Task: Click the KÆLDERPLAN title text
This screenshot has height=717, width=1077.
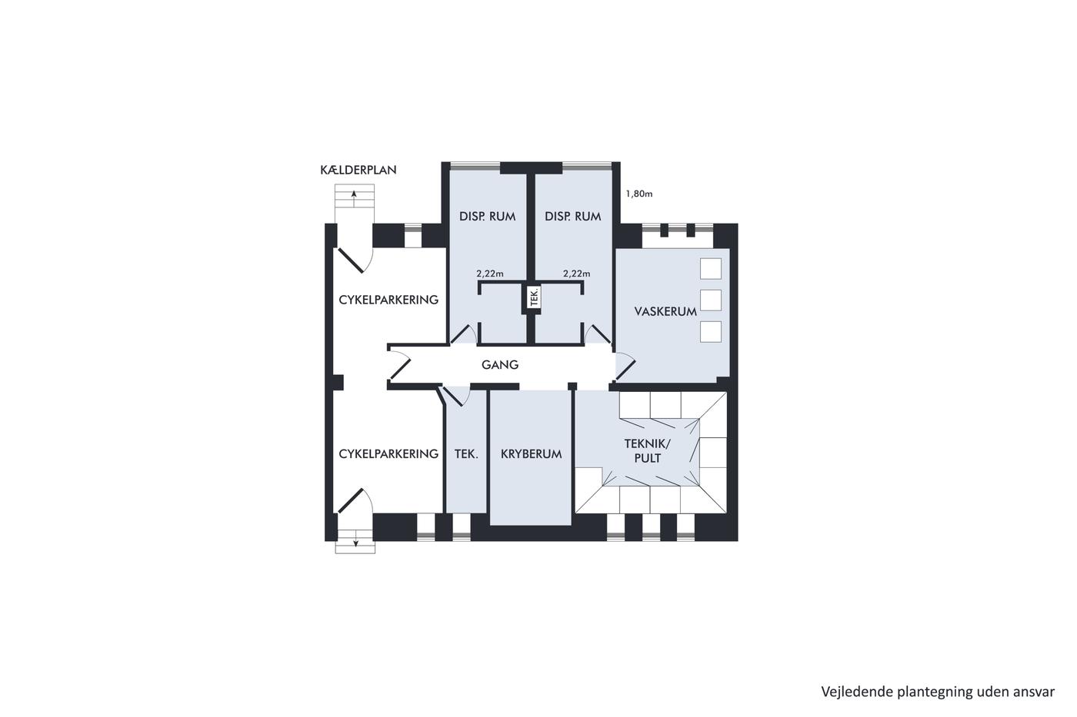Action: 358,170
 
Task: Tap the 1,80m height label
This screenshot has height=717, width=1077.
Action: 639,194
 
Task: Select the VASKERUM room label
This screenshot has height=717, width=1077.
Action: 665,312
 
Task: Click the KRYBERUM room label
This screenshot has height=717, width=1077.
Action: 532,454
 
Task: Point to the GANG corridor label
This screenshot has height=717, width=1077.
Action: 500,365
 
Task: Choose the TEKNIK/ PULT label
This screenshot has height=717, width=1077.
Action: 647,451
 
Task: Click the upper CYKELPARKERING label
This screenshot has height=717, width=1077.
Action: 388,300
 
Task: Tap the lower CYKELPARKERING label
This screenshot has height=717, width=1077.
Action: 388,454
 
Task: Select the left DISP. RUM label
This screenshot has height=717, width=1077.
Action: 488,217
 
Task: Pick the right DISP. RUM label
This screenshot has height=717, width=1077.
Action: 573,217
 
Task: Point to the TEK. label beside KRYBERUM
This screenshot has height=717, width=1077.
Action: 466,454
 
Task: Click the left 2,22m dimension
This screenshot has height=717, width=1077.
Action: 490,274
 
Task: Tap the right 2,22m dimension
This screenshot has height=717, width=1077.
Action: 576,274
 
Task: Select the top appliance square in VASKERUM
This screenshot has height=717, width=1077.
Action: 711,268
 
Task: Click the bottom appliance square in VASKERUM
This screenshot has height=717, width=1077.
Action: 711,332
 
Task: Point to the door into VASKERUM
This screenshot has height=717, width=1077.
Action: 625,366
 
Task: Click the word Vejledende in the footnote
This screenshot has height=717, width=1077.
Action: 850,692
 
